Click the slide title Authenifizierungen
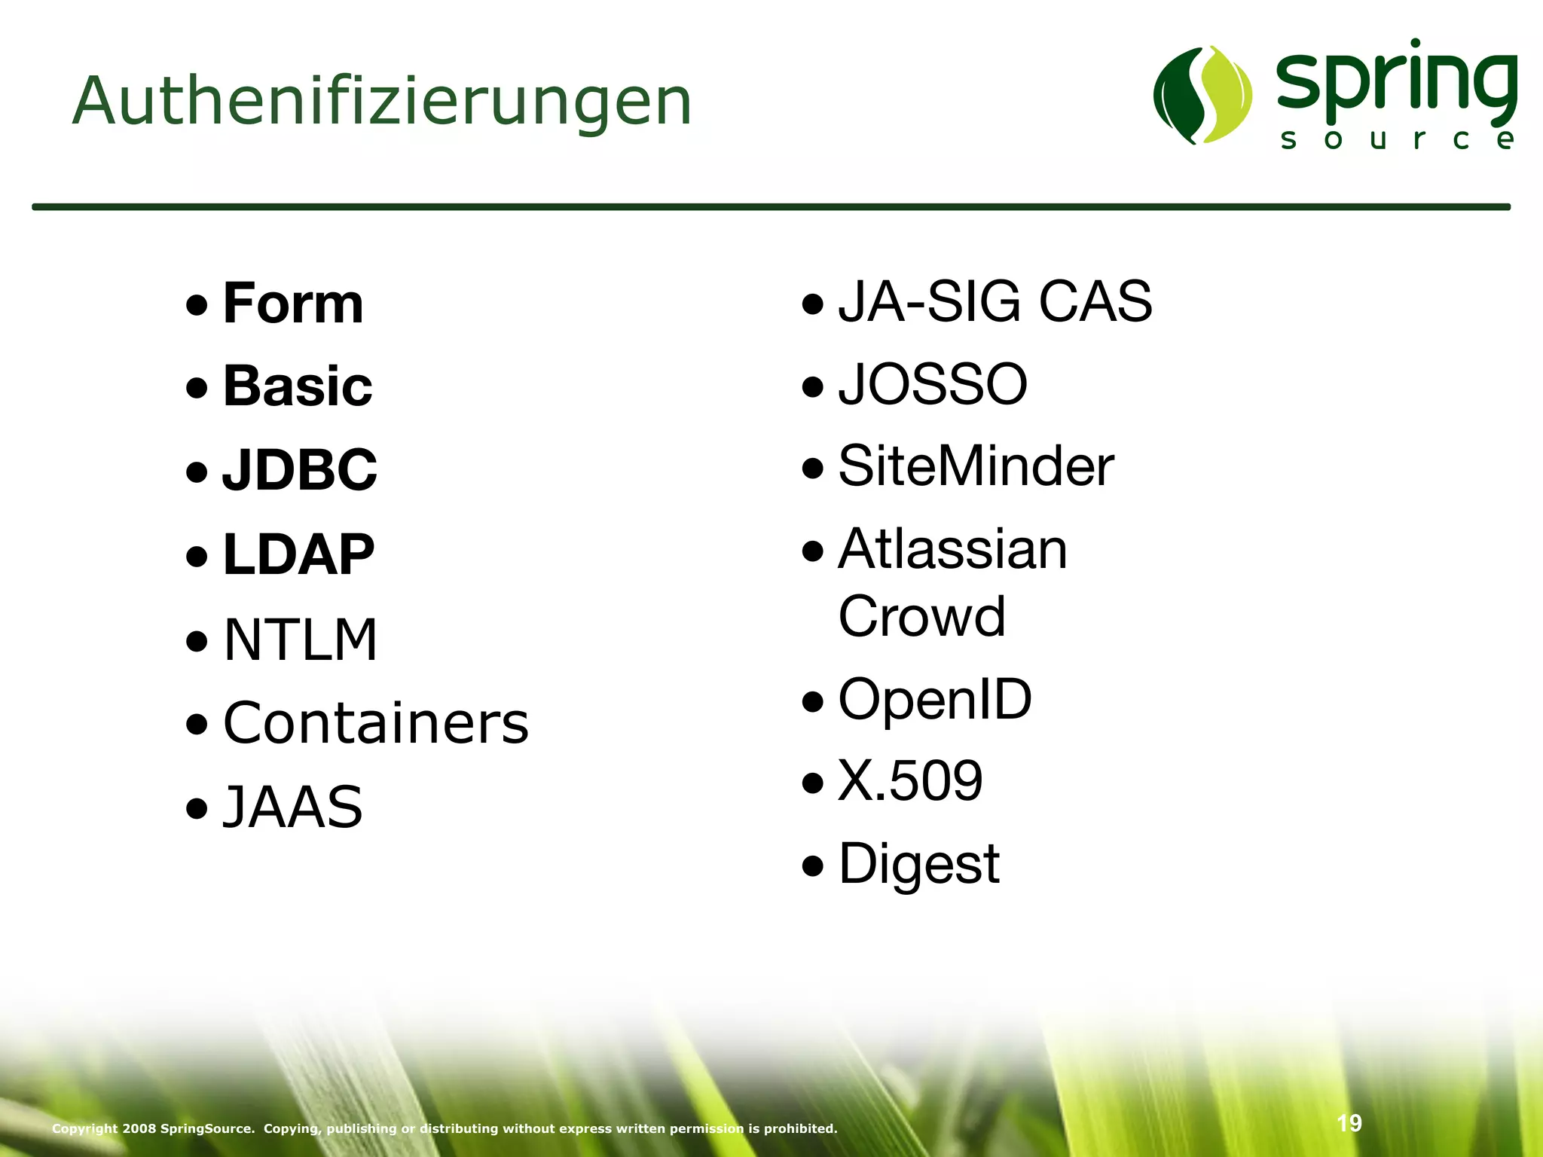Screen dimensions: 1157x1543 pos(382,102)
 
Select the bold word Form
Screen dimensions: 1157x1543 pos(293,304)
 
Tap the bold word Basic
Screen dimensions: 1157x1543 pos(298,386)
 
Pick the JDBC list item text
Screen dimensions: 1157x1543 pos(300,469)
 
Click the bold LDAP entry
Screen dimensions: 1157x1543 pos(298,554)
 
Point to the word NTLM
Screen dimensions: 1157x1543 pos(300,640)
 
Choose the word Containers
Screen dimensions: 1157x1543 pos(376,723)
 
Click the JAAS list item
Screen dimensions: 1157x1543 pos(293,807)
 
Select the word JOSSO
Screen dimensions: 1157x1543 pos(933,384)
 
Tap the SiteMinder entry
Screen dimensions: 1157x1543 pos(976,466)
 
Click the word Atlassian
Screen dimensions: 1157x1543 pos(953,549)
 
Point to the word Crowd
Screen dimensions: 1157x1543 pos(922,616)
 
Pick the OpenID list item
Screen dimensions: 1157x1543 pos(935,700)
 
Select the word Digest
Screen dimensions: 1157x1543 pos(919,864)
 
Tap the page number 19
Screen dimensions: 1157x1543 pos(1349,1123)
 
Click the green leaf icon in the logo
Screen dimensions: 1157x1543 pos(1202,95)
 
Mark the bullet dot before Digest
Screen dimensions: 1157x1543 pos(813,866)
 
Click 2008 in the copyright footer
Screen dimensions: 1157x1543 pos(139,1128)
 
